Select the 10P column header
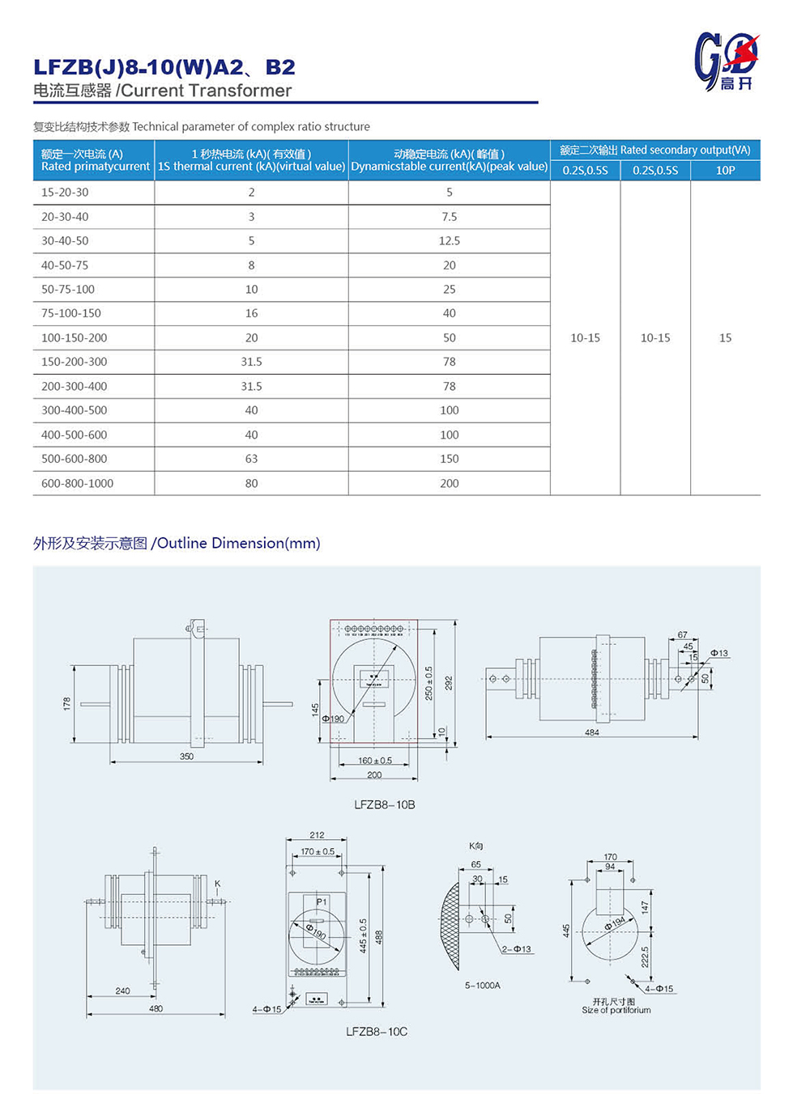[725, 170]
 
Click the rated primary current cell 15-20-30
[65, 193]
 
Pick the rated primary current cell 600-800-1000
[77, 483]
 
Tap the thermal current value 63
[251, 459]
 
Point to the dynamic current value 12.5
[449, 241]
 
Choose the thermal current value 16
[251, 313]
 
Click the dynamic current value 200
[449, 483]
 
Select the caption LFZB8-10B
[384, 804]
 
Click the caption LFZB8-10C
[376, 1032]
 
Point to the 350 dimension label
[186, 757]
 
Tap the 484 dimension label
[592, 732]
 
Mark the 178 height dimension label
[67, 703]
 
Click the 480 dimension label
[156, 1008]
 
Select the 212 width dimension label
[317, 835]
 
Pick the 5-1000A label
[482, 986]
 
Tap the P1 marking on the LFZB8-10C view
[322, 901]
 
